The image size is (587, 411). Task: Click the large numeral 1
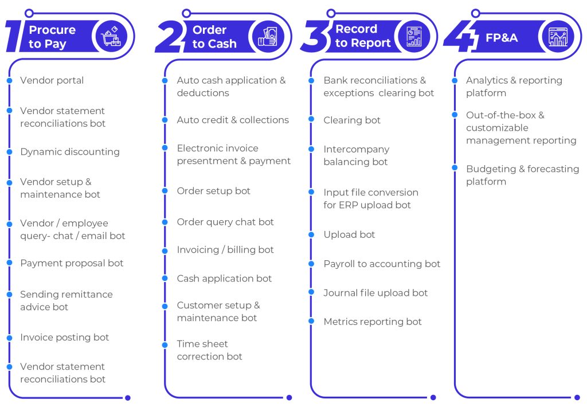15,36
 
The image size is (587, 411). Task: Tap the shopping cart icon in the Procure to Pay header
112,37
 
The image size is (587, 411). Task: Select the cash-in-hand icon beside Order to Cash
268,37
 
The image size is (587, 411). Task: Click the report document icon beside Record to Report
414,37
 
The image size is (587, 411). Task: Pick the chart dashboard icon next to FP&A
558,37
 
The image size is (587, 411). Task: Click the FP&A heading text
502,38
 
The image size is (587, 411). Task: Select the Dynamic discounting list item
70,152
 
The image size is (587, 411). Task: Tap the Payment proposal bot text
72,264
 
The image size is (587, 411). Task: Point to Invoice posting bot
65,338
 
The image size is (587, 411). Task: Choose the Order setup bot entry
213,191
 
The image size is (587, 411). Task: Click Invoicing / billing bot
225,250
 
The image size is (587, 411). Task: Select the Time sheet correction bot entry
210,350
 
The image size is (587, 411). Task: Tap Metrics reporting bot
373,322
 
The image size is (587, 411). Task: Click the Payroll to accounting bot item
382,264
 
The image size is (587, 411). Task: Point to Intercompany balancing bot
357,155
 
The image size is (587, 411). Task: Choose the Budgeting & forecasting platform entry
523,175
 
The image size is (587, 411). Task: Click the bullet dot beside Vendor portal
10,80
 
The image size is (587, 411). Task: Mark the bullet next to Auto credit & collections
165,120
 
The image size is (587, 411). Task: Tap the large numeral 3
315,36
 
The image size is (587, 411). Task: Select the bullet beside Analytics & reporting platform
455,80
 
